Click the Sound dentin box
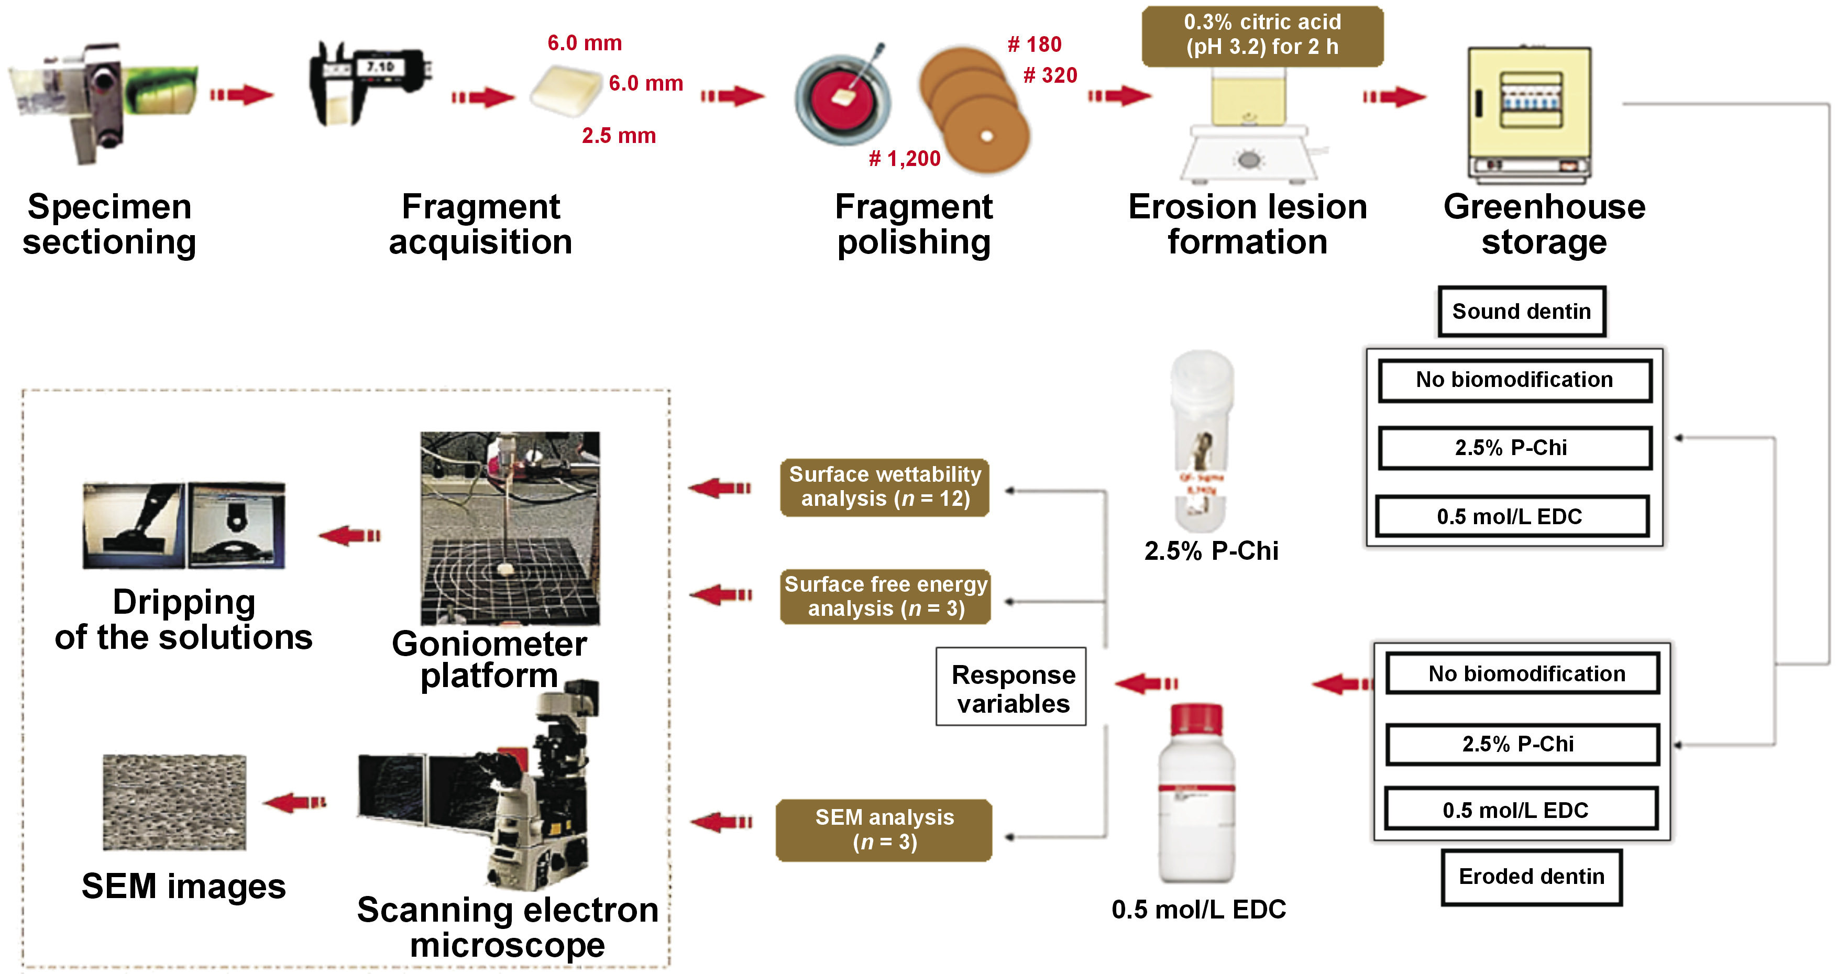coord(1521,312)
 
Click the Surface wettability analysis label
coord(884,487)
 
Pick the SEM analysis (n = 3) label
coord(884,829)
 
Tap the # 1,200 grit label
coord(904,158)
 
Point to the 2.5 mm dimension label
coord(618,136)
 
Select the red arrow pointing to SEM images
coord(294,803)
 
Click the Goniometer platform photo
coord(509,528)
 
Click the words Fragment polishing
coord(913,225)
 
